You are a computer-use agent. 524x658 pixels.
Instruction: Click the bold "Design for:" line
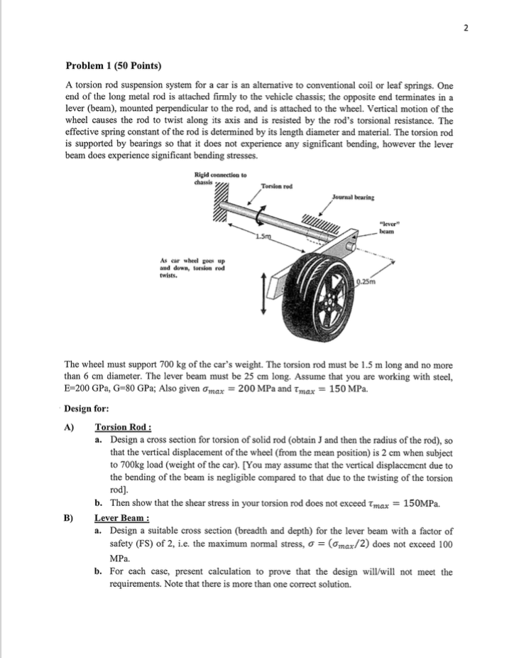pos(87,409)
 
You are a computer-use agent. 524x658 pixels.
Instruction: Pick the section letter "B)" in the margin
pos(70,518)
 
